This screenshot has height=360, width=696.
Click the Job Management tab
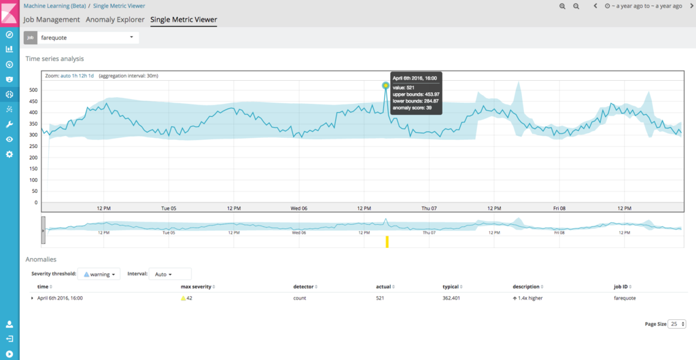[52, 20]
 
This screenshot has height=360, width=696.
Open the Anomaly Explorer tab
[115, 20]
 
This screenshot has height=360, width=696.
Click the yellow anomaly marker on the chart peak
[385, 86]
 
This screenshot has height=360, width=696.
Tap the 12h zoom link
[83, 76]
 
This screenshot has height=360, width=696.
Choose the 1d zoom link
[91, 76]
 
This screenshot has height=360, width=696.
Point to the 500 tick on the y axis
[33, 90]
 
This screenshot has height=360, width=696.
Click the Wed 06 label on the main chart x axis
[299, 209]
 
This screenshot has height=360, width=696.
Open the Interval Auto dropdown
[170, 274]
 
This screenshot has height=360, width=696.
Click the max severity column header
[196, 287]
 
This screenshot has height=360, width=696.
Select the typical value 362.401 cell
[451, 298]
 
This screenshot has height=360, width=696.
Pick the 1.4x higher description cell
[527, 298]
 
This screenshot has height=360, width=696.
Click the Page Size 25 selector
[677, 324]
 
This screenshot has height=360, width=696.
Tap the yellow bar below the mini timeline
[387, 242]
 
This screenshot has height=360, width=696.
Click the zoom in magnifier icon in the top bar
[562, 6]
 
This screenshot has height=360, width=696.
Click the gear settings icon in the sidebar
[10, 154]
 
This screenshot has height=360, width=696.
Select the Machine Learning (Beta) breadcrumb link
[54, 6]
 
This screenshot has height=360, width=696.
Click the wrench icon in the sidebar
[10, 124]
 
